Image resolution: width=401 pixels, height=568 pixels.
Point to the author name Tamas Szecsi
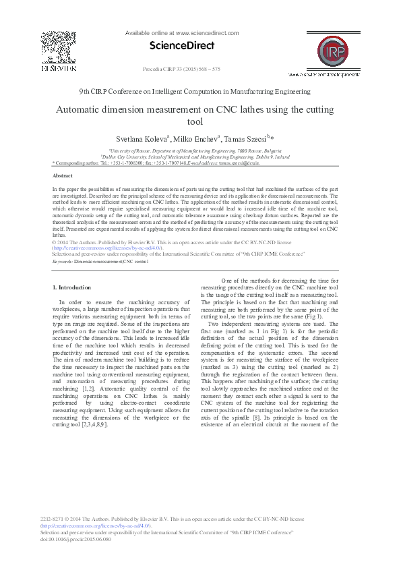[x=246, y=139]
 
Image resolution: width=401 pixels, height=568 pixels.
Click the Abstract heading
[x=63, y=175]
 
